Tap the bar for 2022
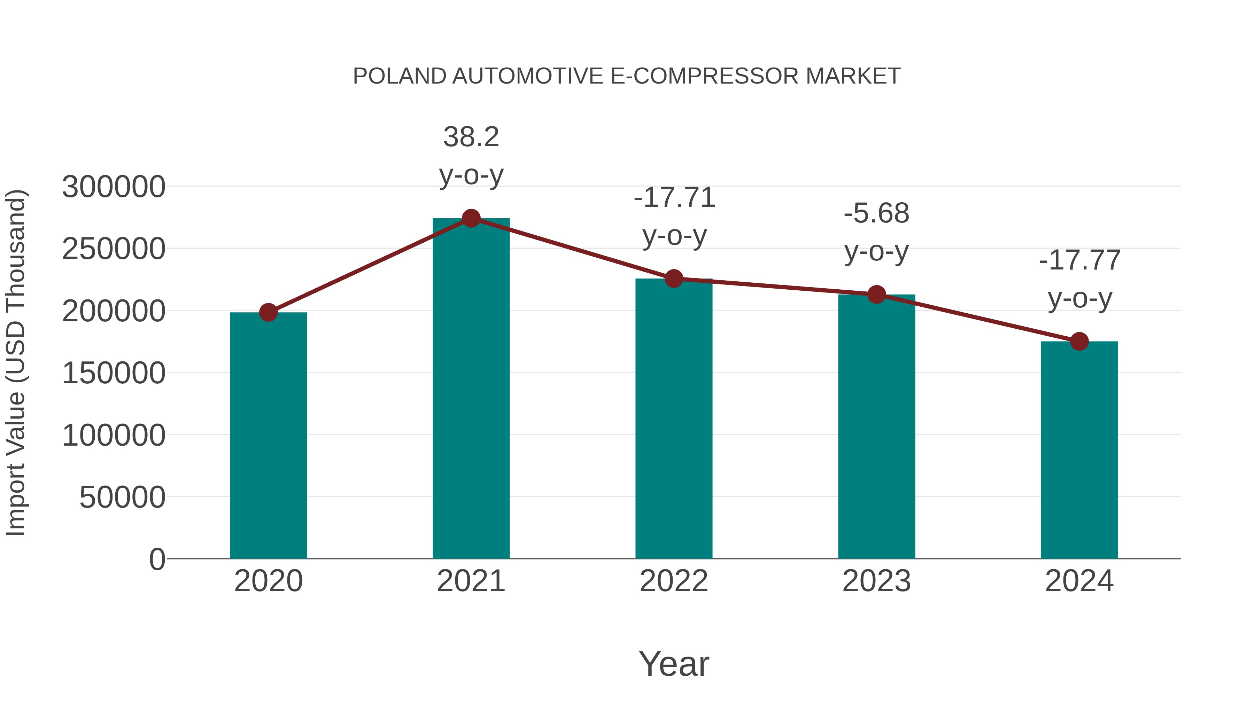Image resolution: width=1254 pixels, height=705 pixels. tap(674, 418)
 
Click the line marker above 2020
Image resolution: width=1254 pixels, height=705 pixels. tap(268, 312)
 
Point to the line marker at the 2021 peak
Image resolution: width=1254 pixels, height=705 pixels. tap(471, 218)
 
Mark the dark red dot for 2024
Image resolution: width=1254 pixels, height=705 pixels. tap(1079, 342)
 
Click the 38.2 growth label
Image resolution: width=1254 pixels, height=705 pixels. tap(471, 137)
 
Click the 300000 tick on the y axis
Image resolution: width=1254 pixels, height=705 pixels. tap(114, 187)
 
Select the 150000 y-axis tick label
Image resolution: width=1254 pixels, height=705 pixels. tap(114, 373)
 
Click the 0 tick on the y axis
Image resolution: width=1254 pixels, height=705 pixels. tap(157, 559)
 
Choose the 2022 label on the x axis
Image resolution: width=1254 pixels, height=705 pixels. tap(674, 581)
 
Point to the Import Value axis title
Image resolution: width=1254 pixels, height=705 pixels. tap(16, 362)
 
